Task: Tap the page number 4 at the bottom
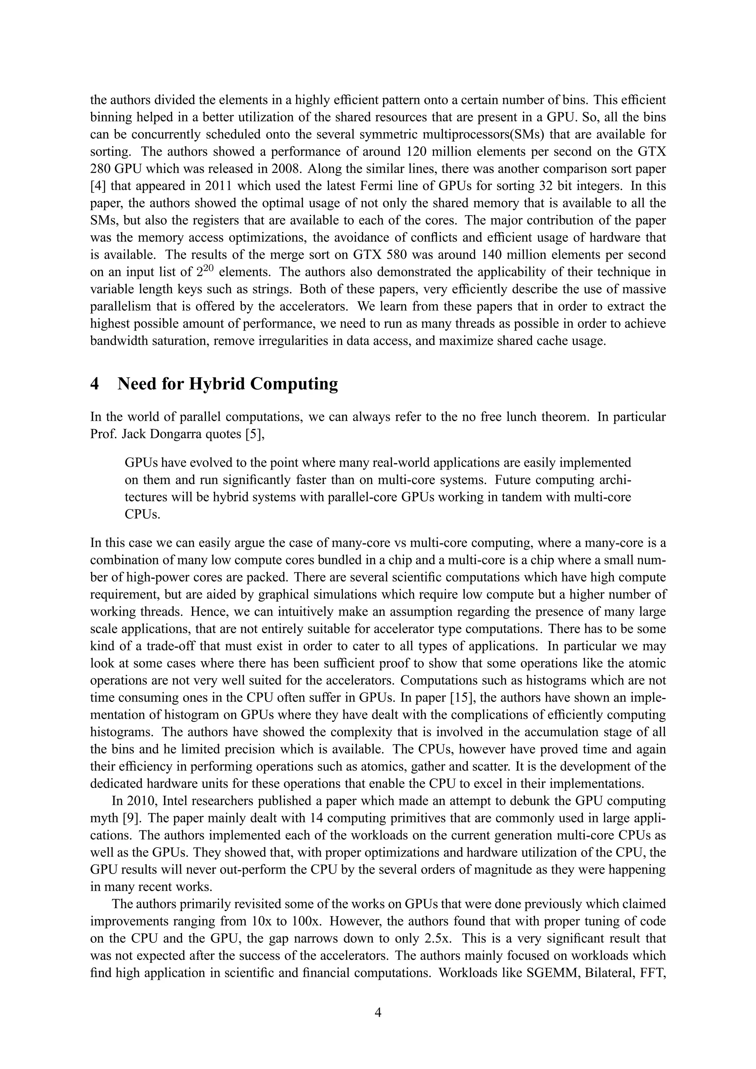378,1012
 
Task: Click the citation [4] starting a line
98,186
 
